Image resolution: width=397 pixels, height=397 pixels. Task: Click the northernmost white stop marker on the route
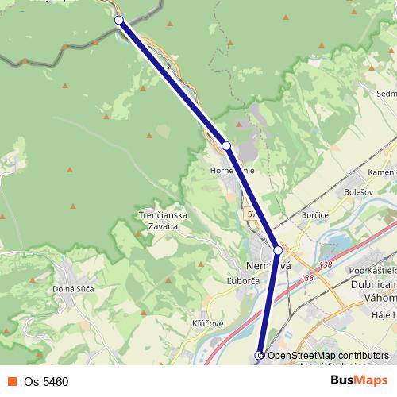coord(119,21)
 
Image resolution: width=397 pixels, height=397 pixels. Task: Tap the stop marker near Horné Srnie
coord(226,146)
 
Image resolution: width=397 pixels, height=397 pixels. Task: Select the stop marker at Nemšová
coord(278,250)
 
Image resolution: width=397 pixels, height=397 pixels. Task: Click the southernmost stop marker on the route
coord(259,355)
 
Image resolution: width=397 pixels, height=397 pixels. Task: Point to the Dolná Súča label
coord(73,288)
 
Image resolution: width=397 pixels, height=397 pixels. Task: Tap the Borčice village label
coord(316,215)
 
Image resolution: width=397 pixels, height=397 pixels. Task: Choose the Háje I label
coord(383,316)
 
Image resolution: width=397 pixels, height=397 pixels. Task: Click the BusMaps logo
coord(359,380)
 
